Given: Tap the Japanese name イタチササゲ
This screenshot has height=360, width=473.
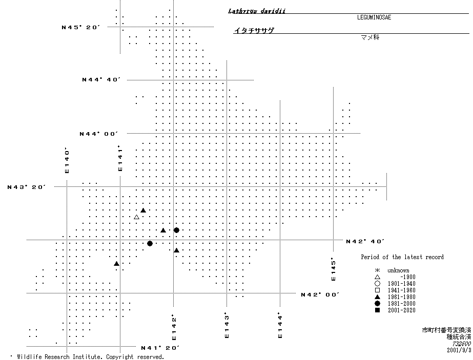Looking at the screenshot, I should tap(254, 31).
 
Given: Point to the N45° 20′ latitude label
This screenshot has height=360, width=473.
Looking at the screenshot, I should tap(80, 27).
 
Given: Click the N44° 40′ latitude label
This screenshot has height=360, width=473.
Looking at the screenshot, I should tap(101, 80).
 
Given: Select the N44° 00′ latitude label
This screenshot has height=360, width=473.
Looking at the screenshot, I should tap(99, 134).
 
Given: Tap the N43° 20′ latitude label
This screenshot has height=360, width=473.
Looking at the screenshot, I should tap(27, 187).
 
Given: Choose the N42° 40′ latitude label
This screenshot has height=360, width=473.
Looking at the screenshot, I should tap(365, 241).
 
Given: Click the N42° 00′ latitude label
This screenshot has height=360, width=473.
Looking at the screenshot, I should tap(320, 294).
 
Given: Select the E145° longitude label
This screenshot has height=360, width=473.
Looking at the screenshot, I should tap(333, 269).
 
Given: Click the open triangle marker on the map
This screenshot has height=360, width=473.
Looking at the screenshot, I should tap(137, 217).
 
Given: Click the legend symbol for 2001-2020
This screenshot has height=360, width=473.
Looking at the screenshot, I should tap(377, 310).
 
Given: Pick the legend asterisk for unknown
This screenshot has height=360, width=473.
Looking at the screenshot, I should tap(377, 270).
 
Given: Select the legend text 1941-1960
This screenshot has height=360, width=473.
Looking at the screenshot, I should tap(401, 290).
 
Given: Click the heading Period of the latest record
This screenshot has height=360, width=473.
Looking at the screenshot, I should tap(402, 257).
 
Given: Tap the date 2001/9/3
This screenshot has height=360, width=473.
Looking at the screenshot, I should tap(458, 351).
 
